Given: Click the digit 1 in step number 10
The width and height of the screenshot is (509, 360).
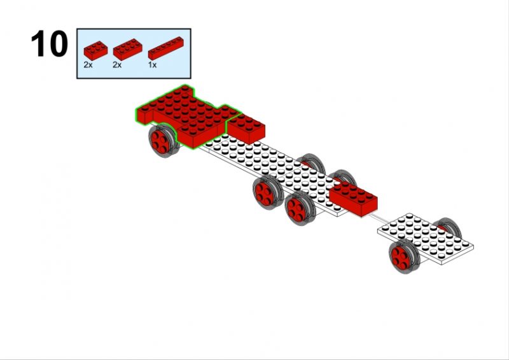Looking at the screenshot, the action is click(x=39, y=43).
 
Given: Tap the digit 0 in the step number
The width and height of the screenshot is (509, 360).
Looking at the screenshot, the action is click(x=59, y=43).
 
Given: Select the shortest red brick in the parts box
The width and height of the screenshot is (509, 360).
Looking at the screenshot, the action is click(x=95, y=51).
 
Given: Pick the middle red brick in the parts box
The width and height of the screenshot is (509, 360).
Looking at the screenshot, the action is click(x=128, y=50).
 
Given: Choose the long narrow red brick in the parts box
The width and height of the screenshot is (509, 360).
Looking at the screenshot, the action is click(x=166, y=48).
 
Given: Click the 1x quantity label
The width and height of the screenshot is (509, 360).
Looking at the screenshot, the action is click(x=152, y=65).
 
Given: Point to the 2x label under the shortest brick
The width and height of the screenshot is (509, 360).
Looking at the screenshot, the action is click(x=88, y=65).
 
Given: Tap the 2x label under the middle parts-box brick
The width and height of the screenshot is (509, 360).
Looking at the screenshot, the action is click(x=117, y=65).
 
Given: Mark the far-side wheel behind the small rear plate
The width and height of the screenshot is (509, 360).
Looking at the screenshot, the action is click(x=450, y=227).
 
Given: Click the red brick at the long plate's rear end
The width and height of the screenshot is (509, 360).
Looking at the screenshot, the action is click(x=353, y=198).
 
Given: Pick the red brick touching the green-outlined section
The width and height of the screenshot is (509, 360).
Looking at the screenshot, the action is click(x=246, y=128).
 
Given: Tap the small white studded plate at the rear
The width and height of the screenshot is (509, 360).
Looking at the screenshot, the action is click(x=425, y=239).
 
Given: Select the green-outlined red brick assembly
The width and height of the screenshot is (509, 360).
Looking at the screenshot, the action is click(x=188, y=117).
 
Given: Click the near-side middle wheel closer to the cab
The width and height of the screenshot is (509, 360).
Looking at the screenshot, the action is click(x=268, y=192).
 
